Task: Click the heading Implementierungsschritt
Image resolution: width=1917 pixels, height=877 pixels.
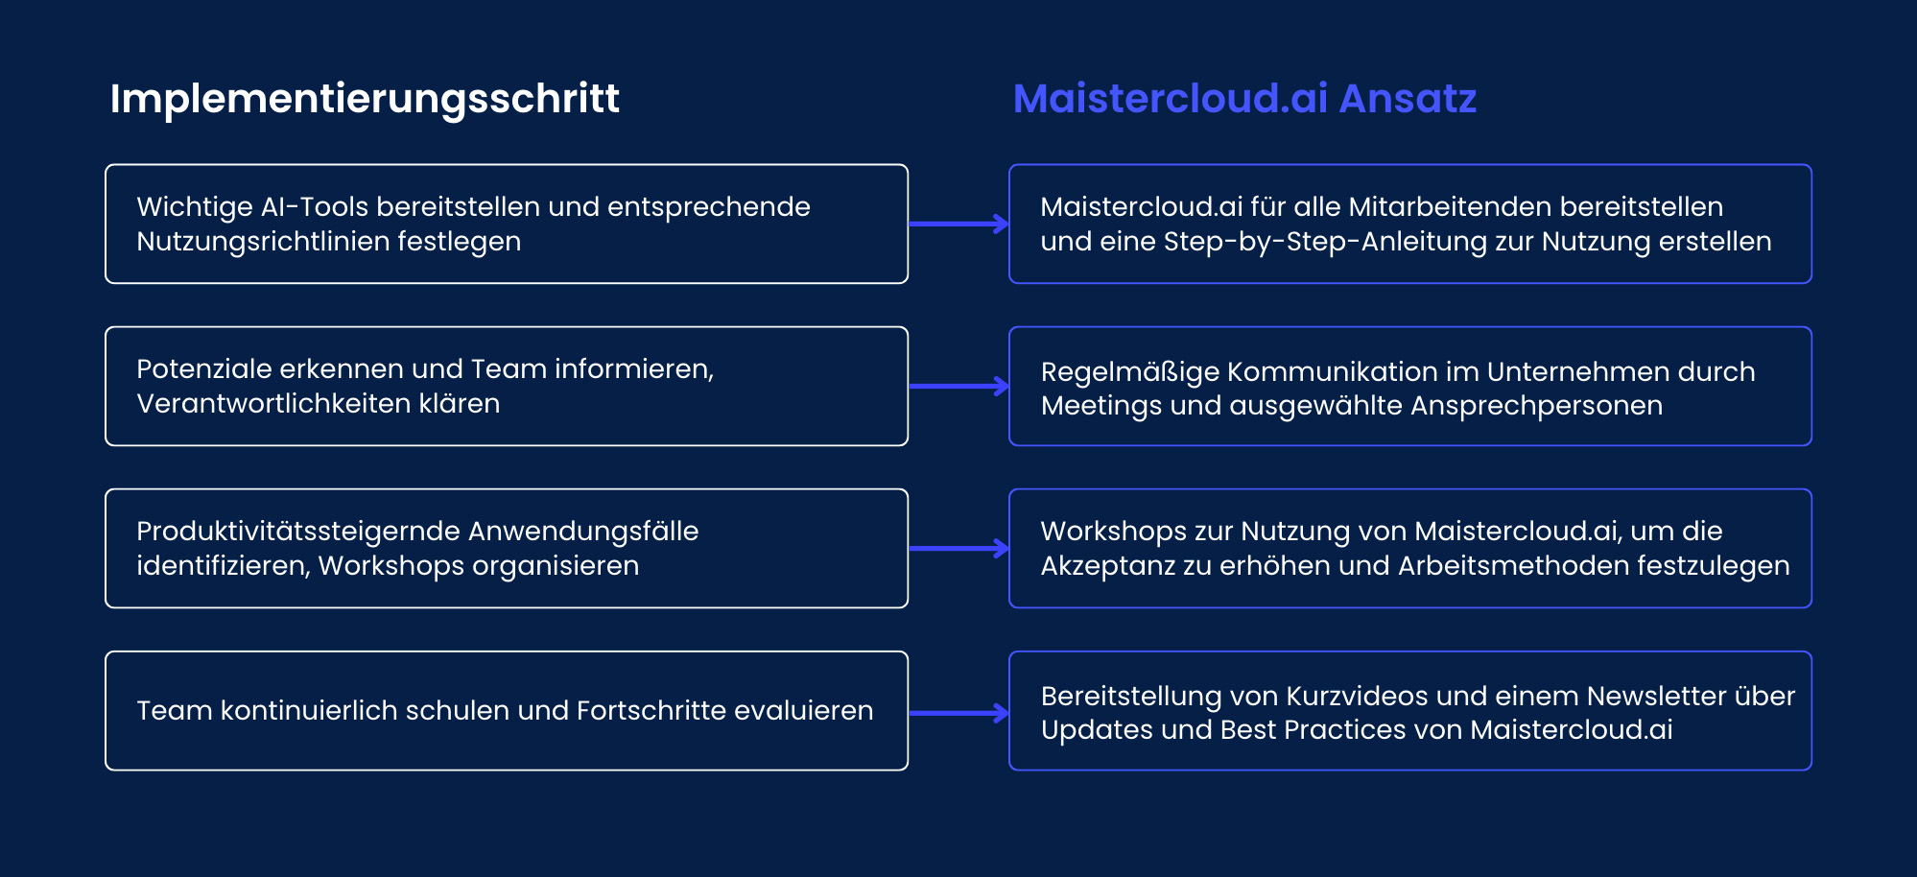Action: pos(365,99)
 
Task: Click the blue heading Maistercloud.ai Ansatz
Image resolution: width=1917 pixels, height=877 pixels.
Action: pos(1244,99)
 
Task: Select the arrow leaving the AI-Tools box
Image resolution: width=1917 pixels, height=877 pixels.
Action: pos(958,224)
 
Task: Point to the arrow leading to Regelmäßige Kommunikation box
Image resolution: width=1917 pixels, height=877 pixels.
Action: pos(958,387)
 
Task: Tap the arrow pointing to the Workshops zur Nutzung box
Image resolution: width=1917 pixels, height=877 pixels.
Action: pos(958,549)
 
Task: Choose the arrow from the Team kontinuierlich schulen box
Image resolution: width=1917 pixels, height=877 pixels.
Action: pos(958,713)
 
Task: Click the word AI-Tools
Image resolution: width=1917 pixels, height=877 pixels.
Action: pos(314,207)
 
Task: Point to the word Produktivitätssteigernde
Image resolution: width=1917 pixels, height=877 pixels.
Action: pos(297,532)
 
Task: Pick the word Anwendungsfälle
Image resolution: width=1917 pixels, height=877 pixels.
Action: pos(583,532)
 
